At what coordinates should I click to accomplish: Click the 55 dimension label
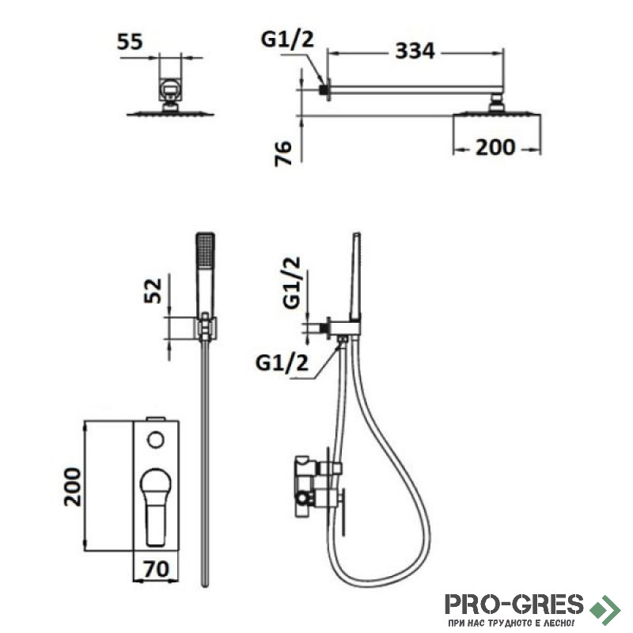130,42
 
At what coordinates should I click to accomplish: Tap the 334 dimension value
415,51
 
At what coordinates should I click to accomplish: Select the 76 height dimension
283,153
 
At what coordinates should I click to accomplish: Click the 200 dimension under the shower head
495,147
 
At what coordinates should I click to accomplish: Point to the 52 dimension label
153,290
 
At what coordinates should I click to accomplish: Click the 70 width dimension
156,569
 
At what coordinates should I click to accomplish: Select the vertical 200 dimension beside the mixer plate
73,487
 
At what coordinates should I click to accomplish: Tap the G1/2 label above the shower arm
287,40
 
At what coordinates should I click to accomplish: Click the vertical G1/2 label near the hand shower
292,282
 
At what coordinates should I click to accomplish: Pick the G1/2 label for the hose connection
282,363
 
